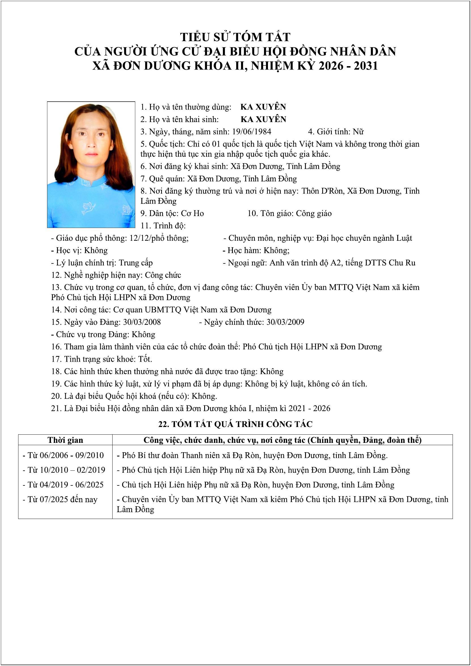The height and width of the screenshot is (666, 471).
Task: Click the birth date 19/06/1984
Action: pos(252,132)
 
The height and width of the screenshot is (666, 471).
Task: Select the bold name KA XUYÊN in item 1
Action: pos(263,107)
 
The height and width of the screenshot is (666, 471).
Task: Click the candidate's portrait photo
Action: pos(91,164)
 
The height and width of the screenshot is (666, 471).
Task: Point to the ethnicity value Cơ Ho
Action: pos(192,213)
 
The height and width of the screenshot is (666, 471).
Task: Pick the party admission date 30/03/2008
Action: pos(142,322)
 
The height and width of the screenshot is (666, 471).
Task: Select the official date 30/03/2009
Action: pos(285,322)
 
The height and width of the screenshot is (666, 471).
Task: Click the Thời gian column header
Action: pos(65,440)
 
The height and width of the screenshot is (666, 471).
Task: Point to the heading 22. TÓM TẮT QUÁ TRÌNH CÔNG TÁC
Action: pos(235,424)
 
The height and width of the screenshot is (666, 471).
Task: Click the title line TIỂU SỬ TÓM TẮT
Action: pos(235,37)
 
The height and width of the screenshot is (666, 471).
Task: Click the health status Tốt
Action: pos(145,359)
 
